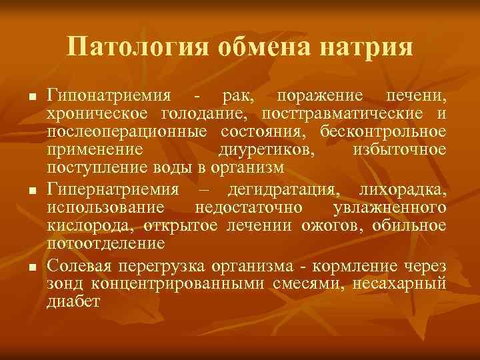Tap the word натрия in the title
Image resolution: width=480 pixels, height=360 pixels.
367,47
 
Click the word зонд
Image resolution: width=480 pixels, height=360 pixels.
61,284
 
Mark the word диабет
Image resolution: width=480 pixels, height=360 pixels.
73,301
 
